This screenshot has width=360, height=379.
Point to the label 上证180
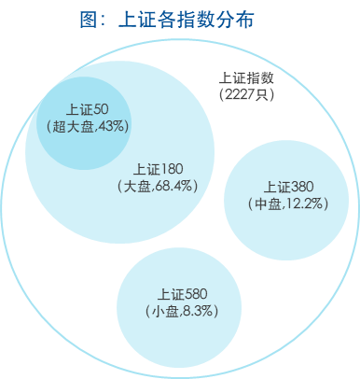[x=159, y=170]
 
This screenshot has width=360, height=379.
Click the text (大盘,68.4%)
[x=160, y=186]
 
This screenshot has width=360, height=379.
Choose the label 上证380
[x=289, y=187]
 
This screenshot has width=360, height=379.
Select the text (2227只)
[x=246, y=93]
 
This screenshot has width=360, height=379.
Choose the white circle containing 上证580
[x=183, y=331]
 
